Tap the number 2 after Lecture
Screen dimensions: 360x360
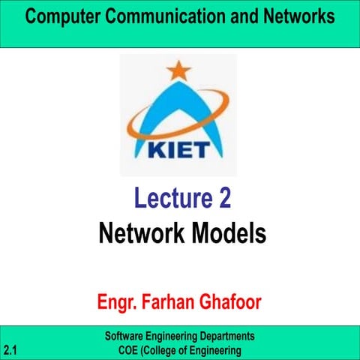(223, 199)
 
